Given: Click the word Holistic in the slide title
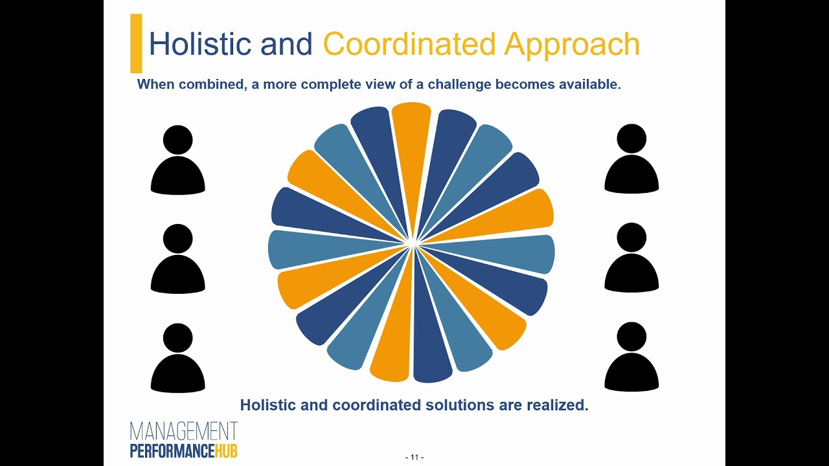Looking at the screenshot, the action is pyautogui.click(x=199, y=44).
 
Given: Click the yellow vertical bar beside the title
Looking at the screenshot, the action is pyautogui.click(x=136, y=43).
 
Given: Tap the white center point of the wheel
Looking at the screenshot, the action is pyautogui.click(x=411, y=243).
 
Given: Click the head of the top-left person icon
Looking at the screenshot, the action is pyautogui.click(x=178, y=139).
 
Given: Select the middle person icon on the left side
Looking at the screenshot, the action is pyautogui.click(x=178, y=259).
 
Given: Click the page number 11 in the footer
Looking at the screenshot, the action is pyautogui.click(x=414, y=457).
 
